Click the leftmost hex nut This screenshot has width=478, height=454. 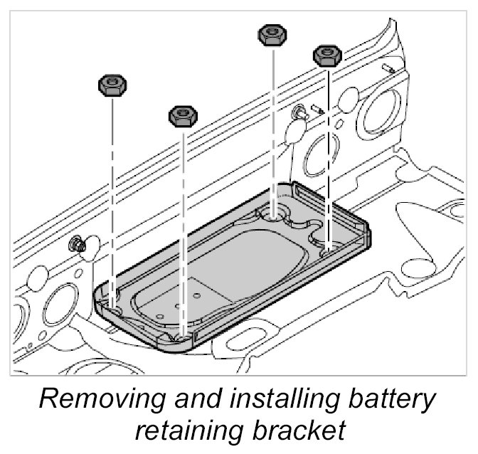click(x=112, y=86)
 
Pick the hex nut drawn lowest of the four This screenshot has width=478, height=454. click(x=183, y=115)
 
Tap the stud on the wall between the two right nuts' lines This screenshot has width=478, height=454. click(x=303, y=111)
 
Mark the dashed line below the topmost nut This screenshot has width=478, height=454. click(x=272, y=121)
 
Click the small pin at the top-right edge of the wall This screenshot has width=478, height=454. click(x=388, y=67)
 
